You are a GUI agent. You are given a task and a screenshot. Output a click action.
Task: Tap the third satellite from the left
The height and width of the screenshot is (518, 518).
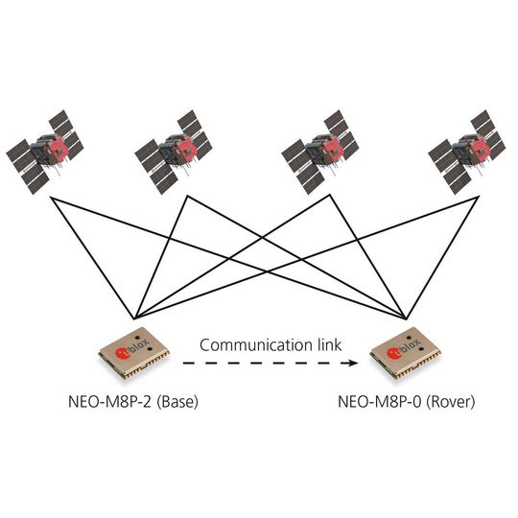(x=320, y=150)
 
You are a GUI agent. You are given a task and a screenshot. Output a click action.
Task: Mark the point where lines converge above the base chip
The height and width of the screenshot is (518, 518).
(x=136, y=318)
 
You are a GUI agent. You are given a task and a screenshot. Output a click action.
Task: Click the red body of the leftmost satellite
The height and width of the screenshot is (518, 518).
(x=60, y=146)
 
